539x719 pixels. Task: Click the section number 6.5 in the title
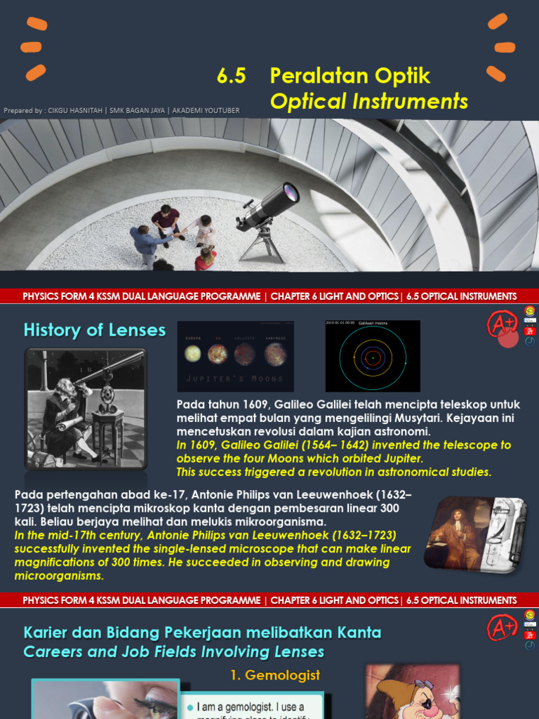(232, 76)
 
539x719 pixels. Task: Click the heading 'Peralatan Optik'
(350, 76)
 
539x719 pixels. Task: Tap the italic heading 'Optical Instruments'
(368, 101)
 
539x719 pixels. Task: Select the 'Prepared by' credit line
(121, 110)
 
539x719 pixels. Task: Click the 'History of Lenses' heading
(95, 330)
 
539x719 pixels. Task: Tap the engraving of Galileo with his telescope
(86, 409)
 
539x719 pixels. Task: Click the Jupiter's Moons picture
(235, 356)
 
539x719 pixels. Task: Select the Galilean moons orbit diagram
(373, 356)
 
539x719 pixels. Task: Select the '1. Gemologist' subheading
(275, 675)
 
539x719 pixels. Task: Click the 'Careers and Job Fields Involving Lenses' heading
(173, 652)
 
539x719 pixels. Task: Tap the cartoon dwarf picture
(413, 692)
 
